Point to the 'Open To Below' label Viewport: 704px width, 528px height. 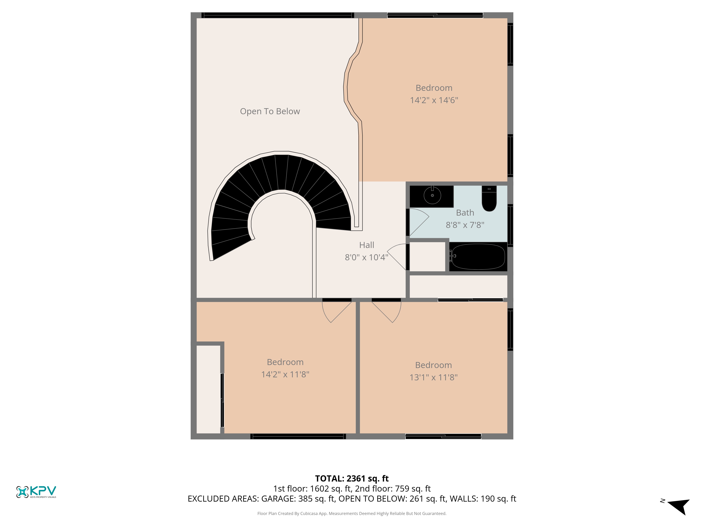click(x=270, y=111)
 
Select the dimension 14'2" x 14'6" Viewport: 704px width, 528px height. click(x=434, y=100)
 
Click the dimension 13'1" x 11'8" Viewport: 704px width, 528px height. click(x=433, y=378)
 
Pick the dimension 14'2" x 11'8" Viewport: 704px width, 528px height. click(x=285, y=374)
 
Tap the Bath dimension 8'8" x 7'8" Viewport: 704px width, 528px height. click(x=465, y=225)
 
